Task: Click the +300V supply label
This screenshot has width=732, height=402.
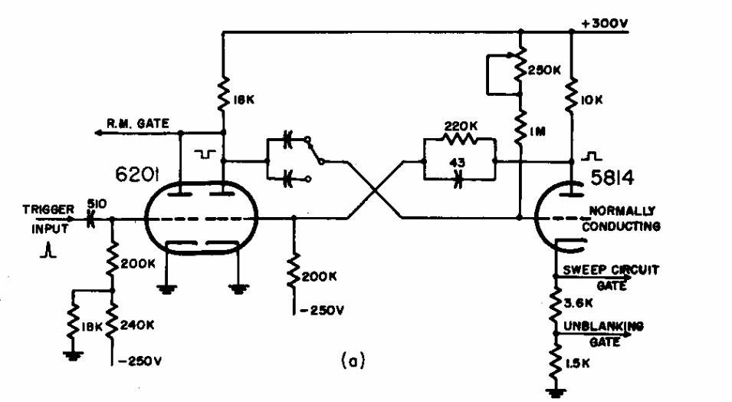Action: pos(605,23)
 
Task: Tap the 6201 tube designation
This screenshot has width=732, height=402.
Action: pos(137,175)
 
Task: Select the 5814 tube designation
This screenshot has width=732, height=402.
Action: pos(612,178)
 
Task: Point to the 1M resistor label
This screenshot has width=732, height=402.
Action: pos(538,132)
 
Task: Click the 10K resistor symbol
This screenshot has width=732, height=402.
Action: pos(571,95)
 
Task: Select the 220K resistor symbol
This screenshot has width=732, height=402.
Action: pos(460,139)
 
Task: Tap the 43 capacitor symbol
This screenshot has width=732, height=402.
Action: pos(458,179)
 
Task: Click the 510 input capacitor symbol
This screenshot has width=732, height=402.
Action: pos(90,219)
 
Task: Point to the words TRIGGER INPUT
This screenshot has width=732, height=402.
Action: pos(48,219)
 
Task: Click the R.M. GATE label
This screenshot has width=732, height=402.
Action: pos(138,124)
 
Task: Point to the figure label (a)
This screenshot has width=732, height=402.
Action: pos(353,361)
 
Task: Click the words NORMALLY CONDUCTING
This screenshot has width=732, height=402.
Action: pos(622,219)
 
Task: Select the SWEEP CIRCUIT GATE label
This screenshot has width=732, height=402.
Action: pos(611,278)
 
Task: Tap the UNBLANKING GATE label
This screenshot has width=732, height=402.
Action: pos(604,334)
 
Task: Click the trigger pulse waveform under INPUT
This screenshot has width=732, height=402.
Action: pos(48,252)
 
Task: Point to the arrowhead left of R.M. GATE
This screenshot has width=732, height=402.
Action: pos(99,133)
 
